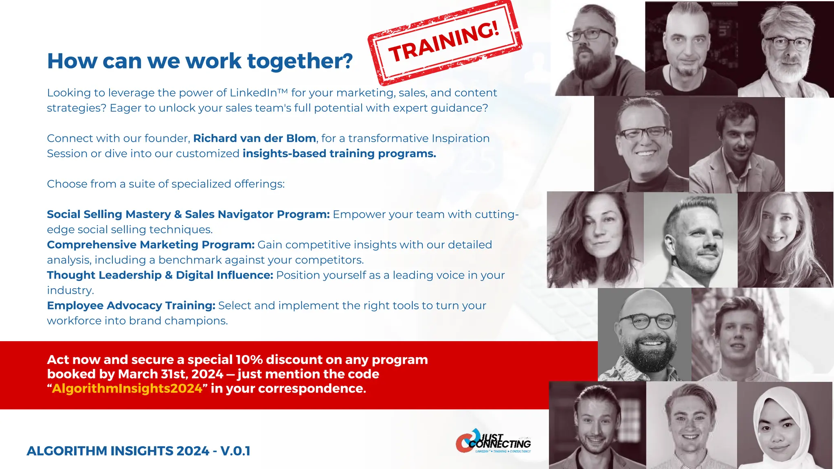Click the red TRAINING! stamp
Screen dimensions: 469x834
[445, 42]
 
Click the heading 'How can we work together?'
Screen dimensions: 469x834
[200, 61]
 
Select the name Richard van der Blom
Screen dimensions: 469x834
[255, 138]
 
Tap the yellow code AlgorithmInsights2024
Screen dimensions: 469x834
[127, 388]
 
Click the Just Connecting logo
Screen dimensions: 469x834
[494, 441]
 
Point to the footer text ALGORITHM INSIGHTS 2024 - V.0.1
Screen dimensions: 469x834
[138, 451]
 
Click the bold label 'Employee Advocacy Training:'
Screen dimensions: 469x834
[131, 305]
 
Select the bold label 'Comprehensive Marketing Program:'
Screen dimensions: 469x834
[151, 245]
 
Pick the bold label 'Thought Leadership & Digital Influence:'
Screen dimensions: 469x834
[160, 275]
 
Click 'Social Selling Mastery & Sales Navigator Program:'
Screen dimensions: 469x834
[188, 214]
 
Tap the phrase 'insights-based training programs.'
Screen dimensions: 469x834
[339, 153]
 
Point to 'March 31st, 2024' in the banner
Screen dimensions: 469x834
[171, 374]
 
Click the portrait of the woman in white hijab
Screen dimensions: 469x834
[784, 425]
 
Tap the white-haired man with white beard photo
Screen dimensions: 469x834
[785, 49]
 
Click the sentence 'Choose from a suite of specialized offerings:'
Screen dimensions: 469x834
[166, 184]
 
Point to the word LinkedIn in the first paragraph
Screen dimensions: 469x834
[253, 93]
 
